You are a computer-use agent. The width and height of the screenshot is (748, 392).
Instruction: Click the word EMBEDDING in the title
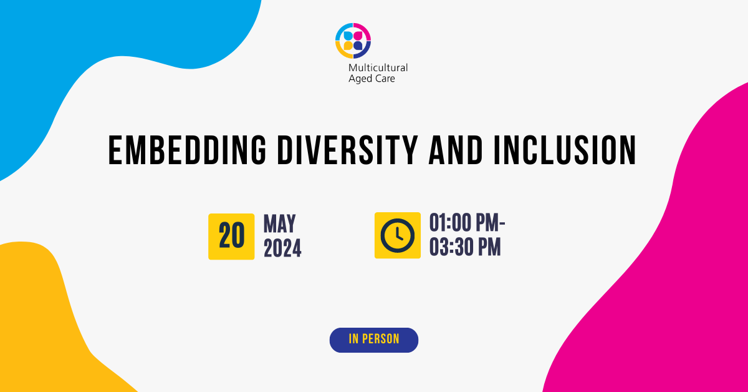tap(188, 150)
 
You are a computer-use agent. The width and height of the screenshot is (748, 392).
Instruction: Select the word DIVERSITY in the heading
tap(348, 150)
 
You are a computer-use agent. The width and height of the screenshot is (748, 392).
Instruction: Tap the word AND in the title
tap(456, 150)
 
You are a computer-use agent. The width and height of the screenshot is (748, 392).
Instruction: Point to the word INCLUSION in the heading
tap(565, 150)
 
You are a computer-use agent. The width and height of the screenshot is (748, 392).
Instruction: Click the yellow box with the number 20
tap(231, 237)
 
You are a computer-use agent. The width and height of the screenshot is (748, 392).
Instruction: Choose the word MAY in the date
tap(280, 223)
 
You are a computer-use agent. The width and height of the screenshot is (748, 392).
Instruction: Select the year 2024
tap(282, 248)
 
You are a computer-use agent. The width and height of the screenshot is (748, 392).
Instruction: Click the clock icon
tap(398, 235)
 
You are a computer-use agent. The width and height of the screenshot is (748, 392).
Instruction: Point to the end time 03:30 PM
tap(465, 247)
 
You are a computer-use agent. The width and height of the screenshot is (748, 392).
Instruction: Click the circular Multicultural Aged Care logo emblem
tap(353, 41)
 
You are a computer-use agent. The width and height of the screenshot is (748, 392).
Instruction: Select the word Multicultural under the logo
tap(378, 68)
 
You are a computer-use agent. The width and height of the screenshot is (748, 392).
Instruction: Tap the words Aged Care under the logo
tap(372, 79)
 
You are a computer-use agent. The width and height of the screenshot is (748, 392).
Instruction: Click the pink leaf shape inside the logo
tap(358, 36)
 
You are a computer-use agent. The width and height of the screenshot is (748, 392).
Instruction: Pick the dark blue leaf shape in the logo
tap(358, 46)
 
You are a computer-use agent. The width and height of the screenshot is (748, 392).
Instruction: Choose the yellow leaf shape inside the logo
tap(348, 46)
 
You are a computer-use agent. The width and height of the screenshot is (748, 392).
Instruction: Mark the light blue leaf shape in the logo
tap(348, 36)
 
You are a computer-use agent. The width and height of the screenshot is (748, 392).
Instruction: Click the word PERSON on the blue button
tap(381, 339)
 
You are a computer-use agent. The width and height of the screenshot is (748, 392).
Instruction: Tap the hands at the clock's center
tap(399, 234)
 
